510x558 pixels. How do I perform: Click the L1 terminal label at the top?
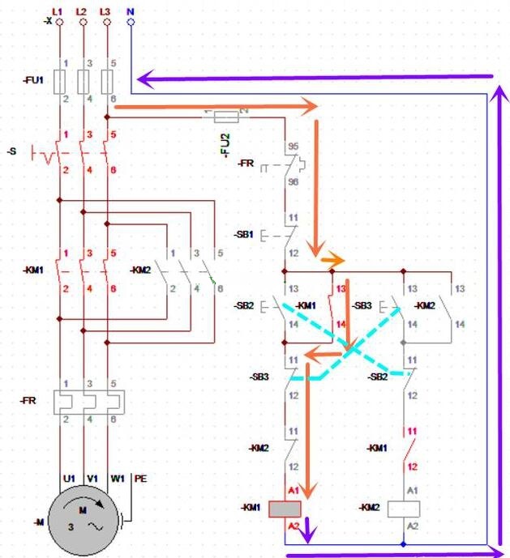coord(57,11)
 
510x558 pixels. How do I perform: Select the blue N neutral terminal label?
coord(131,11)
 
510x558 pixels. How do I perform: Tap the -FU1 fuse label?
coord(33,81)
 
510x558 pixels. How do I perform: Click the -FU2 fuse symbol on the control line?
coord(225,117)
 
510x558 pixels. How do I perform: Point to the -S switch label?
coord(11,151)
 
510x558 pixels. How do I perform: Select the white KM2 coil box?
coord(402,508)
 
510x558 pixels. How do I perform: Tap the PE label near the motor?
coord(139,479)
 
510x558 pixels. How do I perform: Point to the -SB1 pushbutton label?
coord(244,235)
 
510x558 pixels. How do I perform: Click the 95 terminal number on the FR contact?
coord(293,148)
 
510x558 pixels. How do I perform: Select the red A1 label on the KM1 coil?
coord(294,492)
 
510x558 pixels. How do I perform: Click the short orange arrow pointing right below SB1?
coord(332,261)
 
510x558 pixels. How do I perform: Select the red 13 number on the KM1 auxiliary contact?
coord(340,288)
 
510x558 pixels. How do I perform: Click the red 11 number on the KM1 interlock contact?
coord(412,432)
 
